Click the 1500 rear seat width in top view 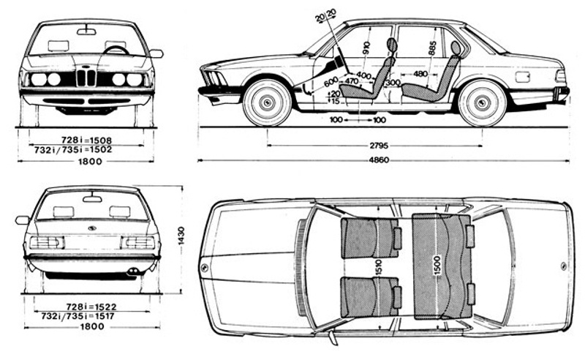coord(437,264)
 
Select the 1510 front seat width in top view coord(378,267)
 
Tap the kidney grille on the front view coord(86,77)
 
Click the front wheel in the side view coord(267,102)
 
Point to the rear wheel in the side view coord(481,102)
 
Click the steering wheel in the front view coord(116,50)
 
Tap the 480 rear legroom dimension coord(420,74)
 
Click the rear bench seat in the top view coord(441,265)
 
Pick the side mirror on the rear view coord(23,220)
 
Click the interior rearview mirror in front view coord(86,31)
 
